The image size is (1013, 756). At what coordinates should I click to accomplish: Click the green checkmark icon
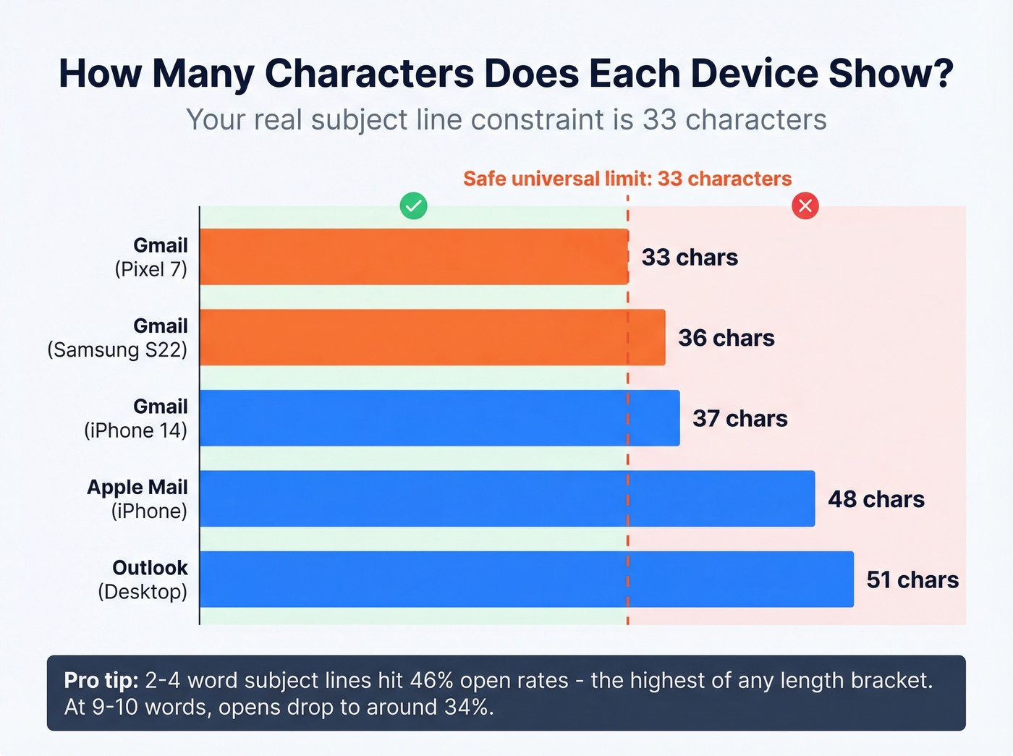[x=413, y=206]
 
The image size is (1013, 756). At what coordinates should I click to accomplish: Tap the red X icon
[x=805, y=206]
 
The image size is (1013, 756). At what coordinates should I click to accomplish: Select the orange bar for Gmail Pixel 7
[x=413, y=257]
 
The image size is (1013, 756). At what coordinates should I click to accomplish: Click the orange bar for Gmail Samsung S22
[x=432, y=337]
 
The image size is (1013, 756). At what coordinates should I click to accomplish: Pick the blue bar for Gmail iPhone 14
[x=439, y=418]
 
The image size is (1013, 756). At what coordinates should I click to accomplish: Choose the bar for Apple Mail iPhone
[x=506, y=498]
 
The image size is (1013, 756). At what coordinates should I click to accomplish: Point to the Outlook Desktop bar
[x=526, y=579]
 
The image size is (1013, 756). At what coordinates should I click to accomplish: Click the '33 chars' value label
[x=690, y=258]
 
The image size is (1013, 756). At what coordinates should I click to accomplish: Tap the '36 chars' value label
[x=726, y=338]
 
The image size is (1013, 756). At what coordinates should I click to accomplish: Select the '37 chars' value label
[x=739, y=419]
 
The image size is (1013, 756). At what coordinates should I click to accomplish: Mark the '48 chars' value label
[x=876, y=499]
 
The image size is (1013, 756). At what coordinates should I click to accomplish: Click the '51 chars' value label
[x=912, y=579]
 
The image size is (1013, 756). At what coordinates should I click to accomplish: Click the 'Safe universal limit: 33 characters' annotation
[x=627, y=179]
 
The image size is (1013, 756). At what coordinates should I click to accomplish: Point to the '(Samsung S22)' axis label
[x=117, y=350]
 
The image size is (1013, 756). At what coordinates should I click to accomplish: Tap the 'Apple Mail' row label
[x=137, y=487]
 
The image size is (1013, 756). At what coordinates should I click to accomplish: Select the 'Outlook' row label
[x=150, y=568]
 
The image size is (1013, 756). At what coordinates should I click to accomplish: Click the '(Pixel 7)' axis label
[x=151, y=270]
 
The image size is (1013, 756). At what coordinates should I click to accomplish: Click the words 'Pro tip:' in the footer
[x=101, y=680]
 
